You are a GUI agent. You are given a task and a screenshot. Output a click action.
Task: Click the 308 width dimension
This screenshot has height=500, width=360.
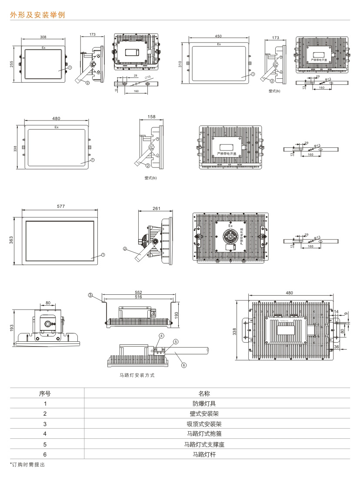pos(43,37)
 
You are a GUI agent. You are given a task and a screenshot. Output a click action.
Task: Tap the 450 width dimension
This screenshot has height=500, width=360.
pos(218,37)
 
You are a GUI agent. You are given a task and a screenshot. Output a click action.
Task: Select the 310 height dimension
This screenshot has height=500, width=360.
pos(180,63)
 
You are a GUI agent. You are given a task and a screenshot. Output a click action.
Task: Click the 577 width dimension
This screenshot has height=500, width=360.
pos(60,206)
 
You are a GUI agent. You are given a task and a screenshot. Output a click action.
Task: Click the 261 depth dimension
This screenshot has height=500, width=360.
pos(157,209)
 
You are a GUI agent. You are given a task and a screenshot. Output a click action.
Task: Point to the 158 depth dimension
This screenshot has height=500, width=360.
pos(152,117)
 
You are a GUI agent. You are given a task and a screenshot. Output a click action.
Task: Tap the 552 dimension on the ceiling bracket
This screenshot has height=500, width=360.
pos(139,292)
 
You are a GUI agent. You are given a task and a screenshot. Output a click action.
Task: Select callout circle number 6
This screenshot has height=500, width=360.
pos(183,365)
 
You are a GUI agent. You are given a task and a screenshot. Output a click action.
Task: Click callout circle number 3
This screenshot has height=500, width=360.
pos(90,295)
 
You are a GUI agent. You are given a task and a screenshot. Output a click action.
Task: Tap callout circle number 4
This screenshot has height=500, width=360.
pos(161,336)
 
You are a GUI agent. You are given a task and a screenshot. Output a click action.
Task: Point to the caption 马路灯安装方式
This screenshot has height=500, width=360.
pos(137,375)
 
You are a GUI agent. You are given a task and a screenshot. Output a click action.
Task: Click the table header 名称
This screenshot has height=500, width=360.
pos(204,393)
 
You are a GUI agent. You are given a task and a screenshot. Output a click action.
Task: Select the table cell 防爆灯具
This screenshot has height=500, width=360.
pos(204,403)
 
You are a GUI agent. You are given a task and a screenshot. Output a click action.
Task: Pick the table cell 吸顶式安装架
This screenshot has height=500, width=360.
pos(204,423)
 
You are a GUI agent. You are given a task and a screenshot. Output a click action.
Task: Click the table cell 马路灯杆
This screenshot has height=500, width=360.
pos(204,454)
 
